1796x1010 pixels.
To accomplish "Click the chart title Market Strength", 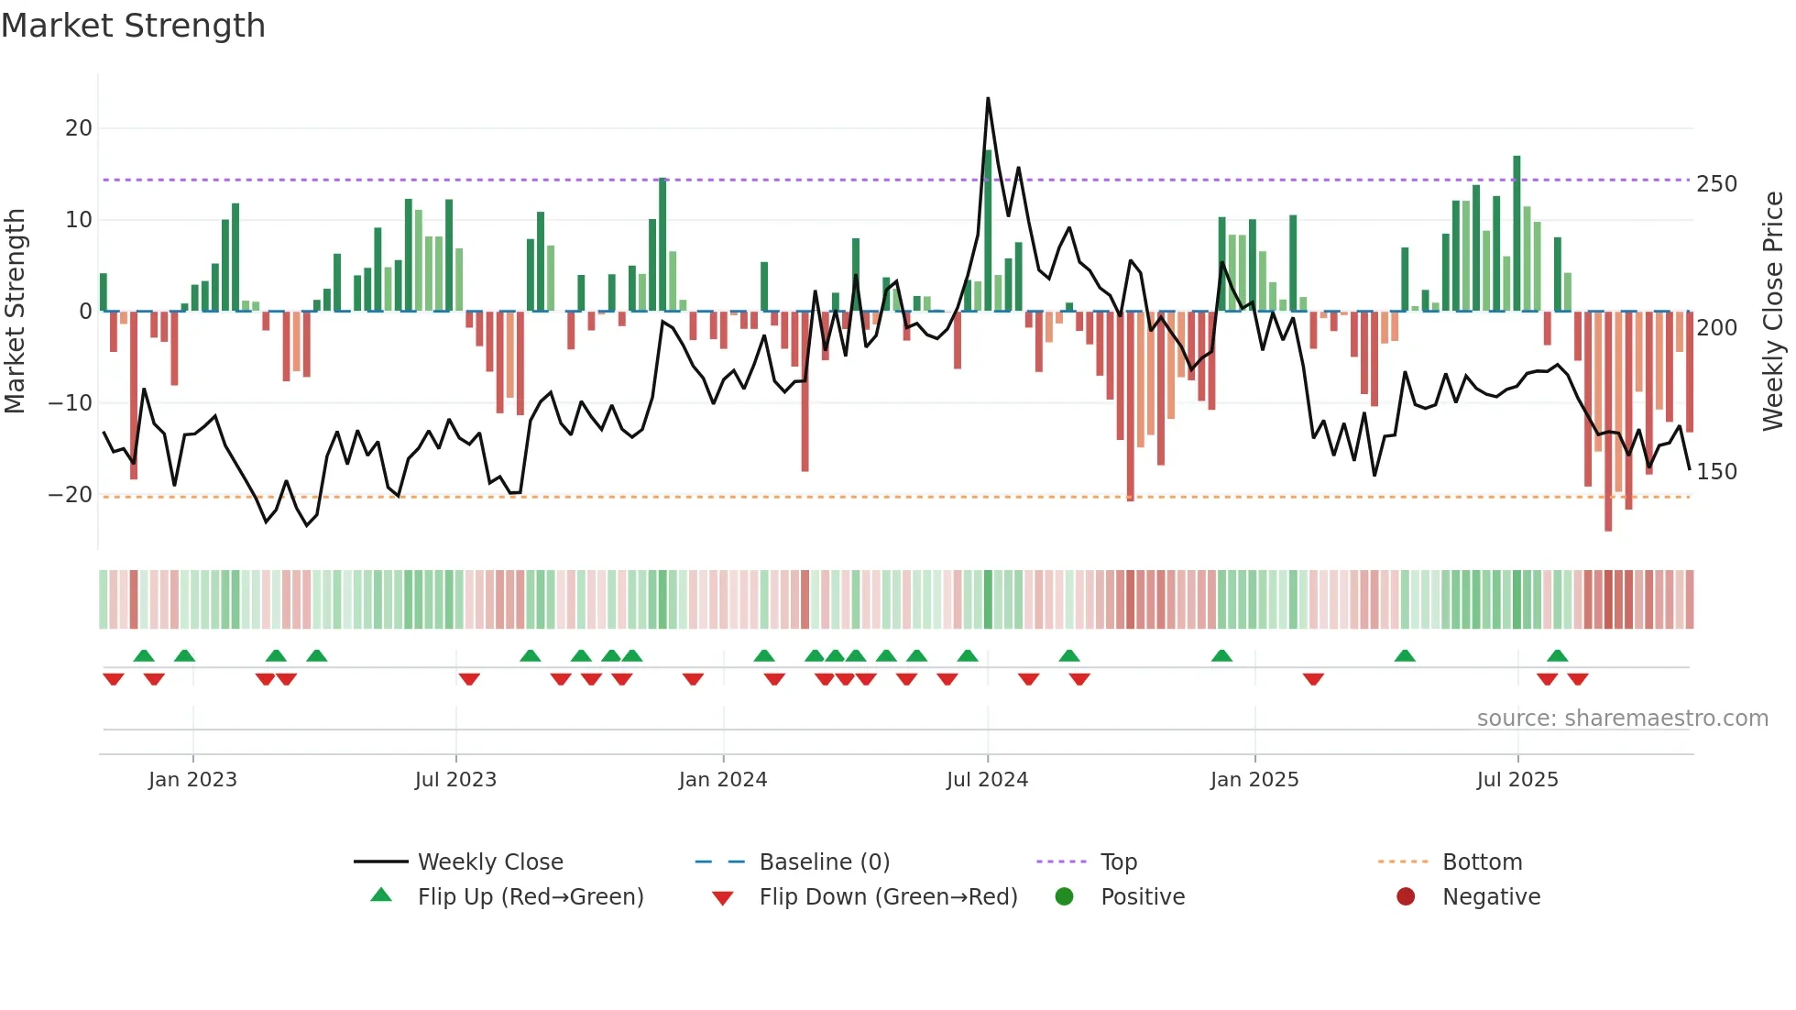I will coord(133,26).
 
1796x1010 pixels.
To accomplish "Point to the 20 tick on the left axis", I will coord(79,128).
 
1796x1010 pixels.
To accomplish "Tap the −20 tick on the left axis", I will coord(71,495).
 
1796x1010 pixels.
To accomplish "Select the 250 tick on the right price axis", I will coord(1716,184).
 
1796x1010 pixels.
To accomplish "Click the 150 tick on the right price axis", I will coord(1716,472).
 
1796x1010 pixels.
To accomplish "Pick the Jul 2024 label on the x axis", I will coord(987,780).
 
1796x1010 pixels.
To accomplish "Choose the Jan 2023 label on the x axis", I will coord(192,780).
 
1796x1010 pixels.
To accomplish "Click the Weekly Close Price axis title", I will coord(1773,312).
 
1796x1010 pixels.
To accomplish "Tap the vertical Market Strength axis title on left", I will coord(16,312).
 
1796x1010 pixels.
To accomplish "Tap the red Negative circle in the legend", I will coord(1406,897).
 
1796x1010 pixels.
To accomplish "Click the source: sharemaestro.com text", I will coord(1622,719).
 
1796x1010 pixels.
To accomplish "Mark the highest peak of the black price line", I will coord(988,99).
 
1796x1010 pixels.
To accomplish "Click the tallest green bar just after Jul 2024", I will coord(988,229).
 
